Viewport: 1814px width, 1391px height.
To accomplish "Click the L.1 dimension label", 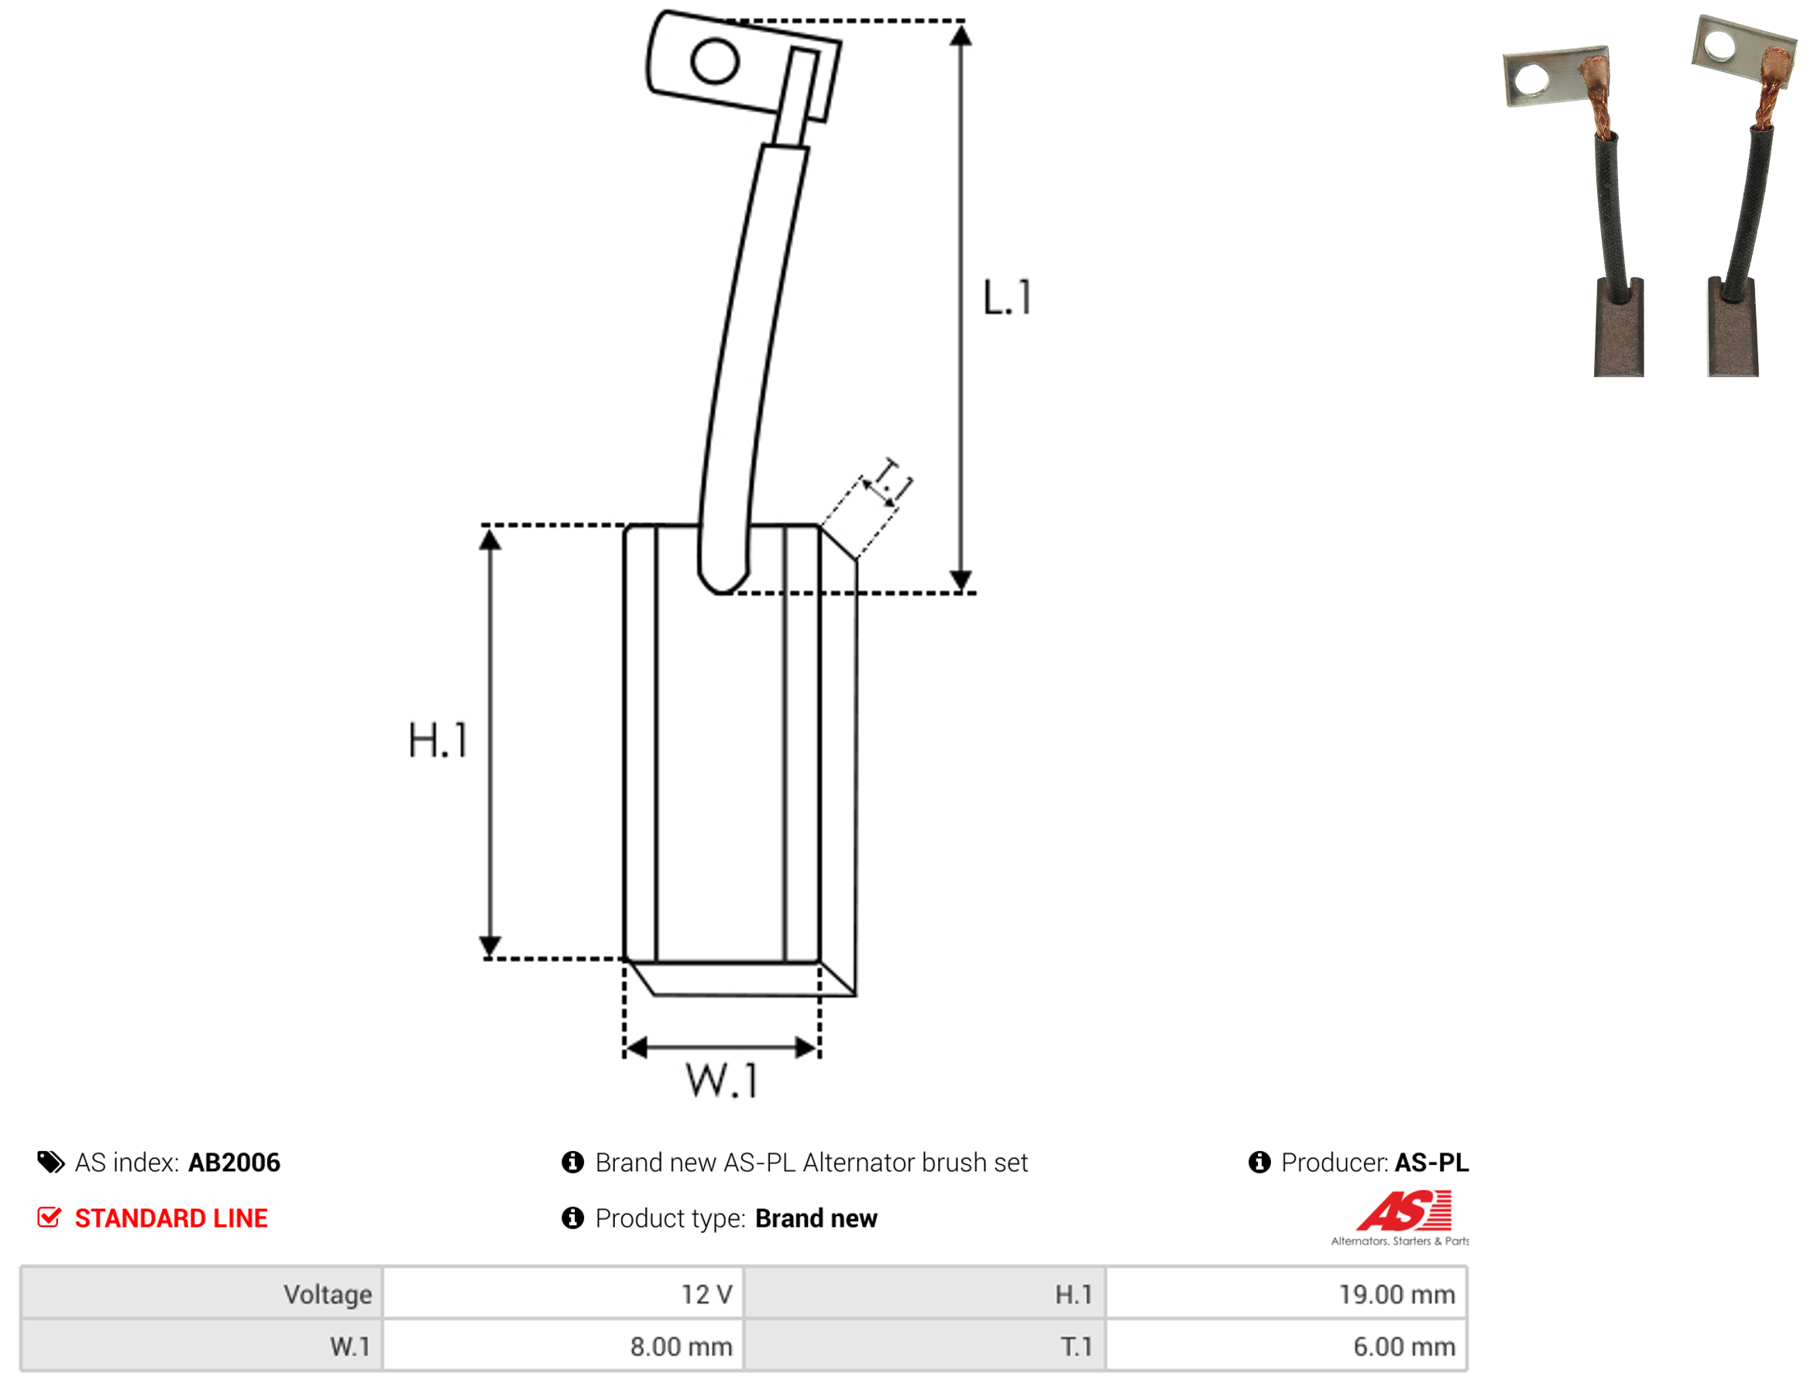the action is (x=1008, y=298).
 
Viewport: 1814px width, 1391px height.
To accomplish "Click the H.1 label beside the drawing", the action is (x=438, y=741).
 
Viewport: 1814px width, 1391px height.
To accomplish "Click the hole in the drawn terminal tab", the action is (x=714, y=61).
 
